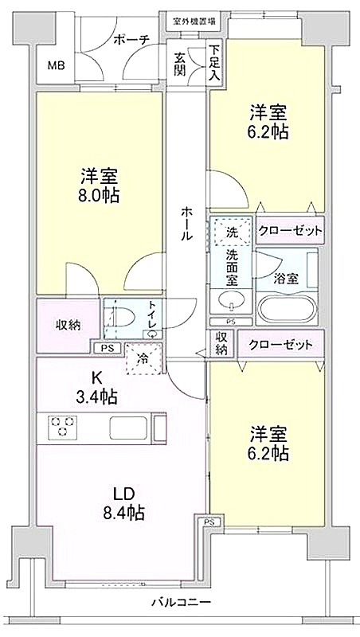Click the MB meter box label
[x=56, y=66]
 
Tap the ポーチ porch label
[x=131, y=39]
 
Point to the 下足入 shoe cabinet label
[x=213, y=64]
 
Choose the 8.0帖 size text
[x=99, y=196]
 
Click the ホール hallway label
[x=186, y=224]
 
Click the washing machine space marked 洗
[x=232, y=233]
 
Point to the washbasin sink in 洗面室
[x=231, y=301]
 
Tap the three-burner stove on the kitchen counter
[x=62, y=426]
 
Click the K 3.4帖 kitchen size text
[x=97, y=389]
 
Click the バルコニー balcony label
[x=182, y=601]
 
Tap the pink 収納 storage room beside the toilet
[x=68, y=326]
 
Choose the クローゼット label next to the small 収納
[x=281, y=345]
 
